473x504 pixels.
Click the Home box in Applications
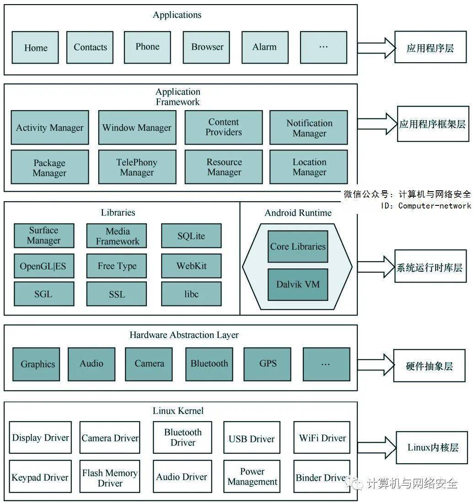point(35,47)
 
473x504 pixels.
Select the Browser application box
point(206,47)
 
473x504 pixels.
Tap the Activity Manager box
point(50,128)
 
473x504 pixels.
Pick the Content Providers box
point(224,128)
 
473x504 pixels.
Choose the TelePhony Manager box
point(137,167)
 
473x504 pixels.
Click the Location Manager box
point(309,167)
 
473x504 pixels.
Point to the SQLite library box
point(191,236)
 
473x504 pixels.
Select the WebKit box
point(191,266)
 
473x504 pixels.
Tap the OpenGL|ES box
point(44,266)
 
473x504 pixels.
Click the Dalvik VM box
point(298,285)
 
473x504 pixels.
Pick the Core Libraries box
point(298,247)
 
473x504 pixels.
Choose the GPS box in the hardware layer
point(268,364)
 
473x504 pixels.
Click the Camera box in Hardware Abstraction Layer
point(149,364)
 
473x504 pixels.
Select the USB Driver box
point(252,438)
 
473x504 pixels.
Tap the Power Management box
point(252,477)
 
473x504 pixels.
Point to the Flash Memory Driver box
point(110,477)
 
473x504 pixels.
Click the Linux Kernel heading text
point(178,411)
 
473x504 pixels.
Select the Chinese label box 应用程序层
point(430,47)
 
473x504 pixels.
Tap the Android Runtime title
point(298,213)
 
